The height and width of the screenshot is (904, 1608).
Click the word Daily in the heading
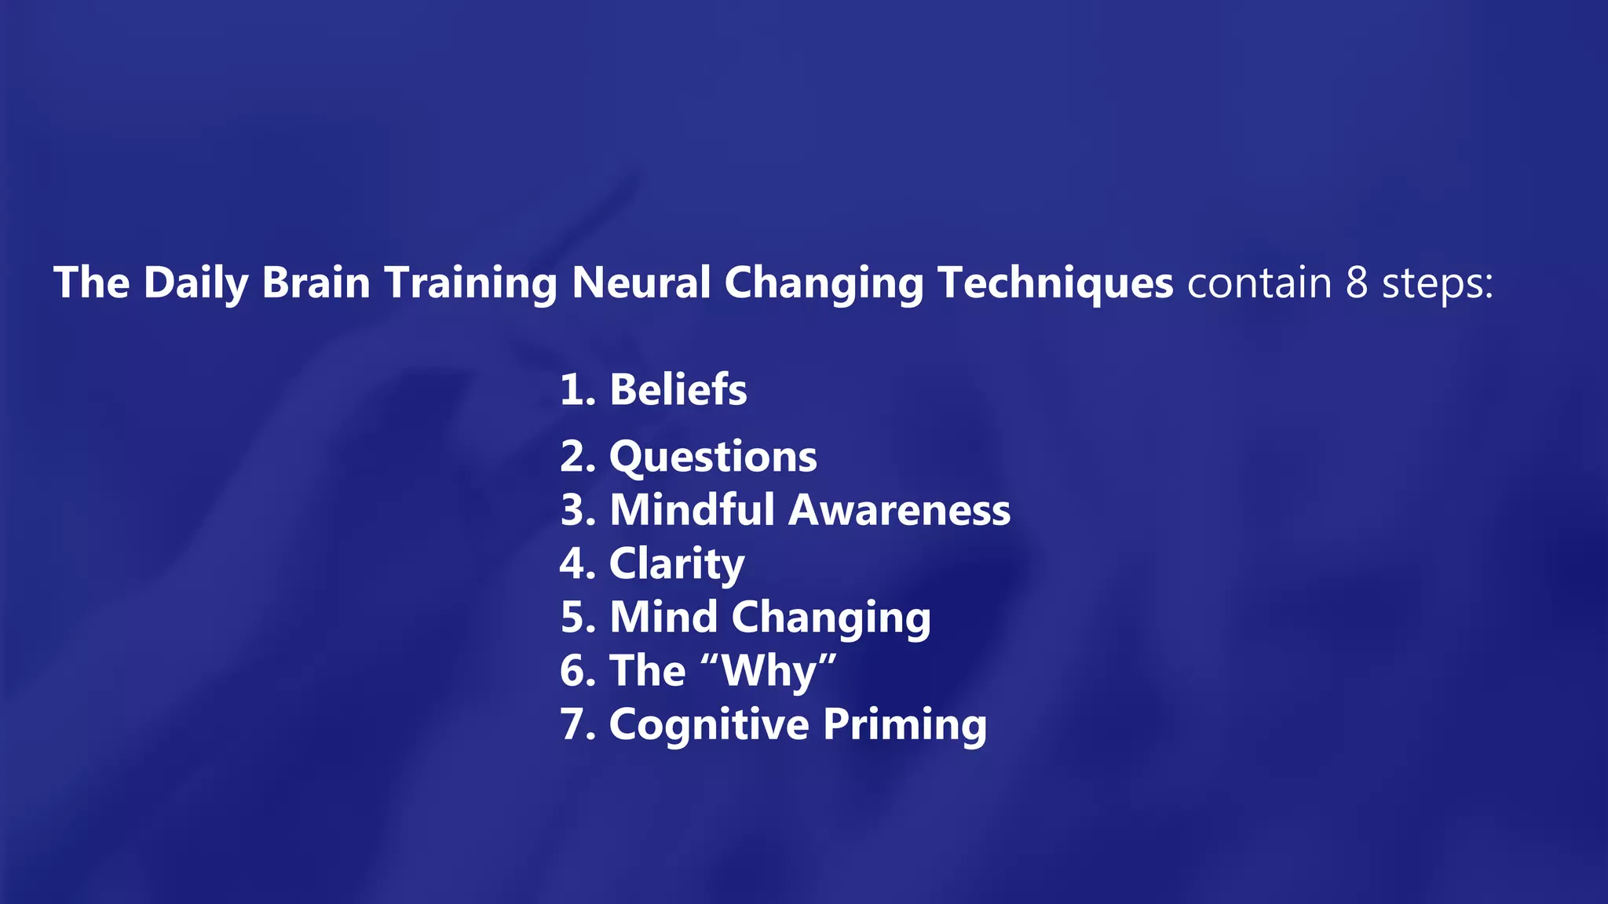click(x=196, y=283)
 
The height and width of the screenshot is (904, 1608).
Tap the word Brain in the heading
click(x=316, y=283)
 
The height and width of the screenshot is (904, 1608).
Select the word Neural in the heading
click(x=641, y=283)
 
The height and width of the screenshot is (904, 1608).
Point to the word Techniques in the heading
click(x=1055, y=283)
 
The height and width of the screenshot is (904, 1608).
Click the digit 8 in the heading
click(x=1357, y=283)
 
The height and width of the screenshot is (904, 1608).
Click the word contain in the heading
click(x=1259, y=283)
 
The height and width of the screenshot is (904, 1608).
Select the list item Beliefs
click(x=678, y=389)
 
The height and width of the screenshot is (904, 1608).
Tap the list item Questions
click(x=713, y=457)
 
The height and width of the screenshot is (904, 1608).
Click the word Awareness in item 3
click(x=899, y=510)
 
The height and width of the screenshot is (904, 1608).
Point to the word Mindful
click(x=693, y=510)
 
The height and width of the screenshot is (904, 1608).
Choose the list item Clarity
click(x=677, y=564)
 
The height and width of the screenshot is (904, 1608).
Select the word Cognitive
click(x=709, y=724)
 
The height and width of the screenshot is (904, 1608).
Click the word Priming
click(x=904, y=725)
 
